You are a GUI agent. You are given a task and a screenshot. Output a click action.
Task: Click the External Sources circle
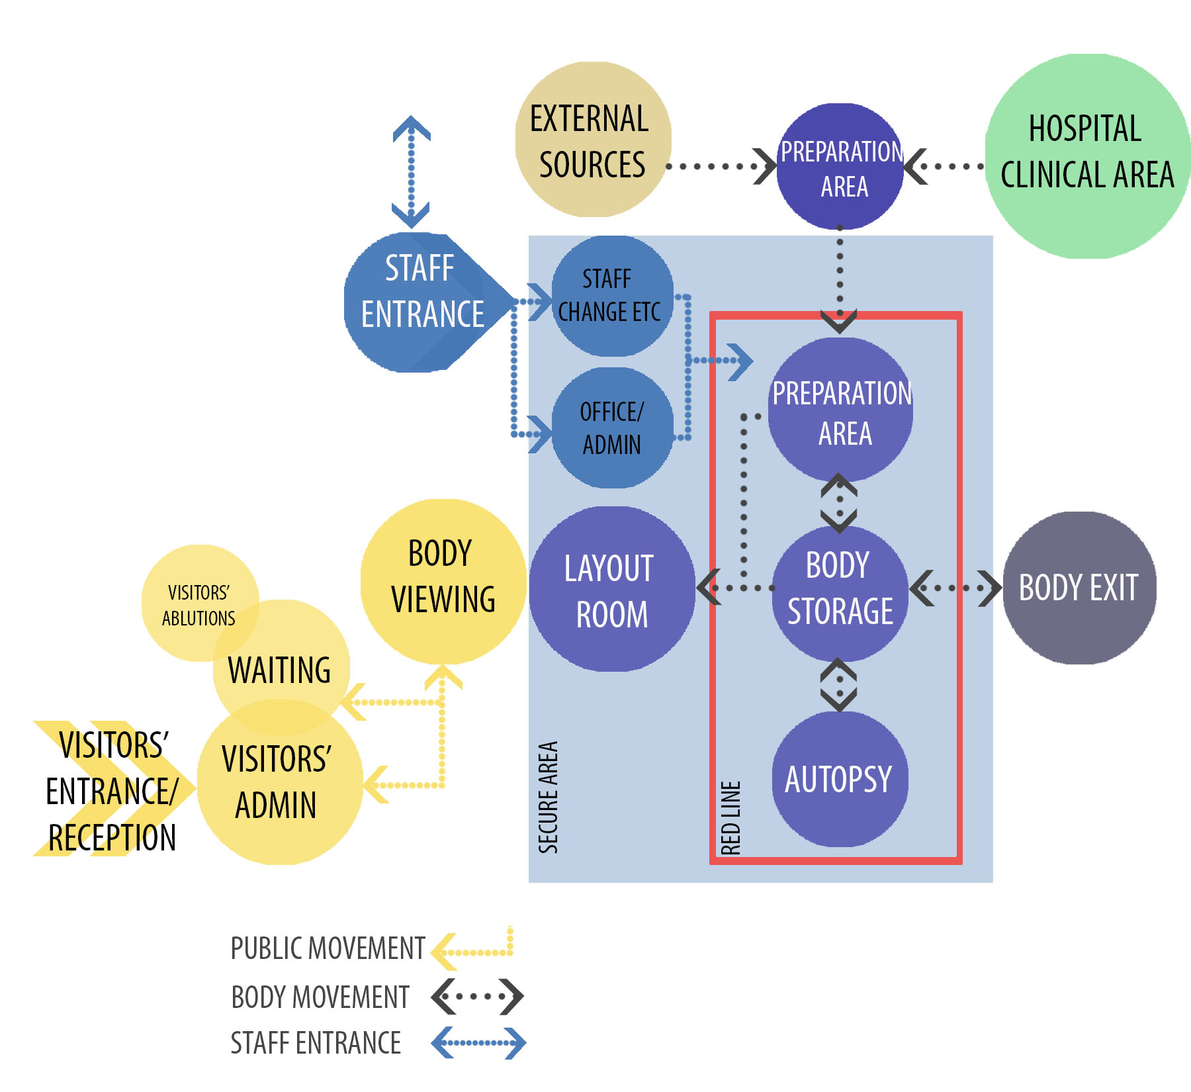(x=593, y=140)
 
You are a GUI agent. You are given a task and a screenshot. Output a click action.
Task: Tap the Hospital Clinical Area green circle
(x=1086, y=156)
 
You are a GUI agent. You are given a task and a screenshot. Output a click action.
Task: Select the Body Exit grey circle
(x=1079, y=588)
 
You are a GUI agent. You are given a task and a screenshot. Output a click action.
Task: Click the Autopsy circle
(x=839, y=779)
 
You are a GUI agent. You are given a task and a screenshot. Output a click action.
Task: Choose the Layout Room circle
(x=611, y=590)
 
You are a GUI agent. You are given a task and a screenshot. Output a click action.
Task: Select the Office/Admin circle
(x=611, y=428)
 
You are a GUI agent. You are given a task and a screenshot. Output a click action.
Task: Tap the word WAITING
(x=279, y=670)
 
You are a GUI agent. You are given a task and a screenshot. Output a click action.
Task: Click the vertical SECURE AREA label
(x=549, y=797)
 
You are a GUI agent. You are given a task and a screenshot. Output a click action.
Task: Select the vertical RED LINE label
(x=731, y=817)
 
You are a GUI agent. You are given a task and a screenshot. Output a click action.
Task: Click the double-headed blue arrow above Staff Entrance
(x=411, y=172)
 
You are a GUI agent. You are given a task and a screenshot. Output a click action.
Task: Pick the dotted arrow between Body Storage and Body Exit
(x=955, y=588)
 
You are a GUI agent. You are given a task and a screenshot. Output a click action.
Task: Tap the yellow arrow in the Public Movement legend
(x=472, y=949)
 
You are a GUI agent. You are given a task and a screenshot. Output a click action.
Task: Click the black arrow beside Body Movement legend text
(x=477, y=996)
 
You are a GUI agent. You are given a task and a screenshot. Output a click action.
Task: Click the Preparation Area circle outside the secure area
(x=840, y=167)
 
